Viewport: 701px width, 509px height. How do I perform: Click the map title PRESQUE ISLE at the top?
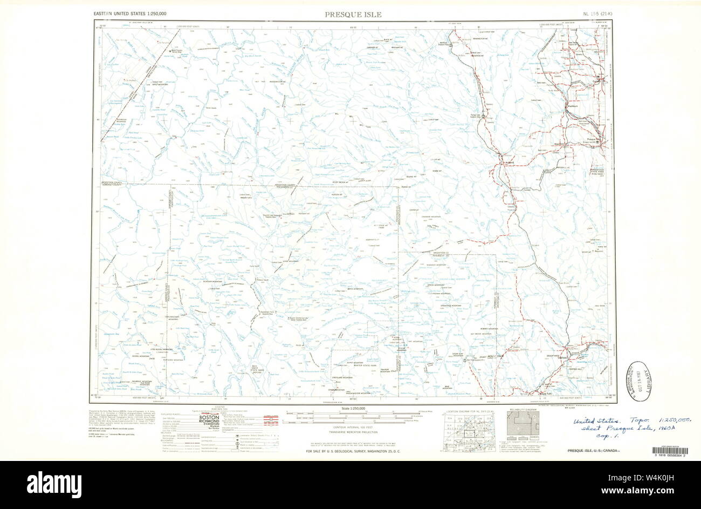click(353, 15)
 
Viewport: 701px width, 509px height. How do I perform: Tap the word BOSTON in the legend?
click(209, 418)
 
